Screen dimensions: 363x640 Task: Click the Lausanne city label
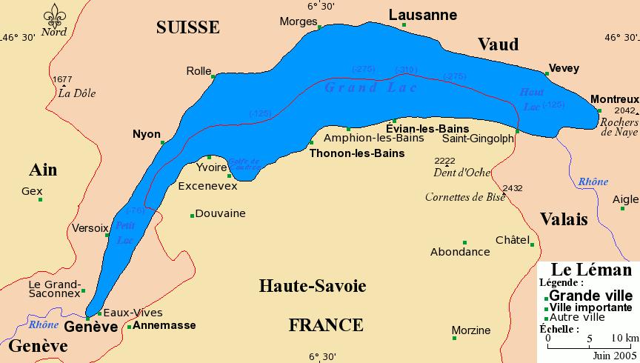pos(422,15)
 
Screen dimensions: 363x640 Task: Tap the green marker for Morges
pos(319,27)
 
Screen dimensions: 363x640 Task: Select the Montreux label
pos(614,99)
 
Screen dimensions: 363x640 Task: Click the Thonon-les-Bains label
pos(356,153)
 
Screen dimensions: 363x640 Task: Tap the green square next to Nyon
pos(163,143)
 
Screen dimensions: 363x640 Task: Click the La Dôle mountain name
pos(77,93)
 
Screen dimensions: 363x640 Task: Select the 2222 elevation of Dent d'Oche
pos(445,161)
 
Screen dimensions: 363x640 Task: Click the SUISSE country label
pos(188,27)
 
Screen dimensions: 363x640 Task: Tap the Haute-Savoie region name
pos(312,286)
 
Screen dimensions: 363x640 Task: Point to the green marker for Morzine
pos(454,339)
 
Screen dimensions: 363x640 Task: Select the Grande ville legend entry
pos(590,295)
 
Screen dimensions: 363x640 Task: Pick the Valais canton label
pos(564,219)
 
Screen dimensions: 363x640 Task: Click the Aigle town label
pos(624,199)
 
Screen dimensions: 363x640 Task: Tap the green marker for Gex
pos(41,199)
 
